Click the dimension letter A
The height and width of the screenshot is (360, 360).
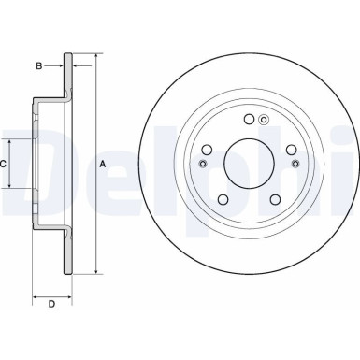pos(103,164)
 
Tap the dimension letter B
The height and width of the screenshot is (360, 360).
pos(38,65)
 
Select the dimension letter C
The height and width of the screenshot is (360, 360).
pos(4,164)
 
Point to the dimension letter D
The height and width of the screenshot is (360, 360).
pos(51,305)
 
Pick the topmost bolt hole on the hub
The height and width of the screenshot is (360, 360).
pos(249,119)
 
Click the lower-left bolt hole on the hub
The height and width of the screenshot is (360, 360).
pos(223,198)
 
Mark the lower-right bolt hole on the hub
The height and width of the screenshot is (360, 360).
pos(275,198)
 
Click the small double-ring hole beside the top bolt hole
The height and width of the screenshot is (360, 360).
pos(264,120)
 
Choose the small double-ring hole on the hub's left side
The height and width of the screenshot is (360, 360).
pos(203,165)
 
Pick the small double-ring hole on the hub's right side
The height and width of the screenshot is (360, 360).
pos(295,165)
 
